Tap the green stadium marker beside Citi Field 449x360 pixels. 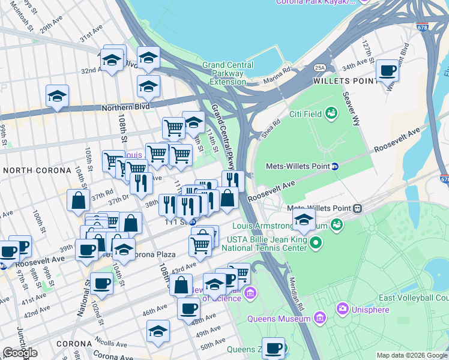click(331, 112)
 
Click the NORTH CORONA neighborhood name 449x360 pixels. click(37, 170)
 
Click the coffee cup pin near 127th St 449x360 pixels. click(387, 72)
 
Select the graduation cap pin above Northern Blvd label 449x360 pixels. click(58, 96)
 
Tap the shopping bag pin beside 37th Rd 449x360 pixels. click(79, 202)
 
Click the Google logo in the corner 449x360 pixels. click(20, 352)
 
